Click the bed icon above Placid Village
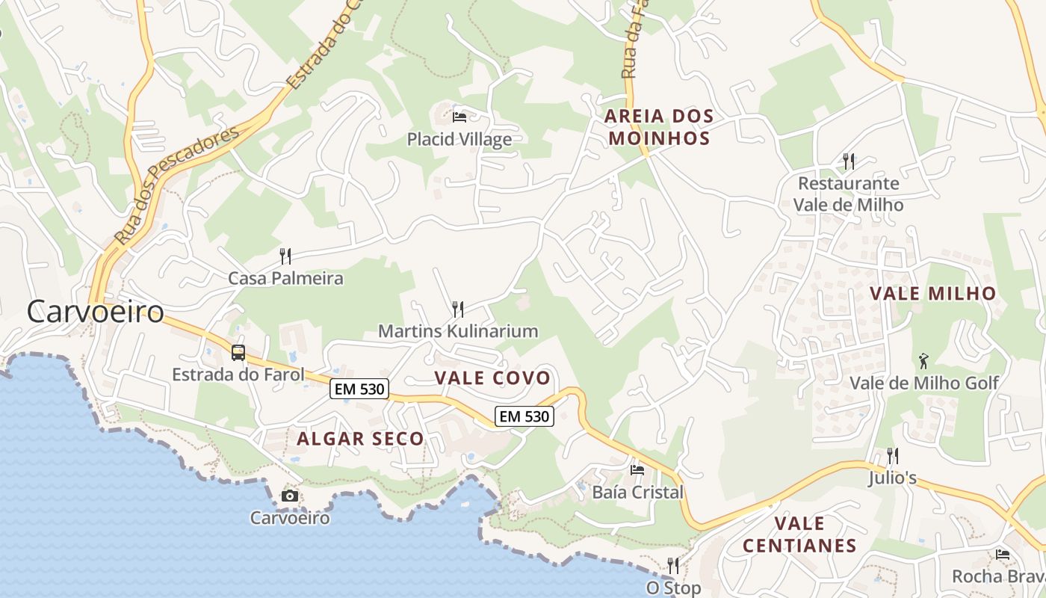click(x=459, y=117)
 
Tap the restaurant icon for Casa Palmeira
click(x=285, y=256)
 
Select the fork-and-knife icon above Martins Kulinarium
click(x=458, y=309)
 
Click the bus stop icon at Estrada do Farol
click(x=238, y=353)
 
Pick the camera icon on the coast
click(x=289, y=496)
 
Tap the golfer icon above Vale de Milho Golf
click(x=924, y=361)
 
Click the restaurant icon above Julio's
click(x=892, y=455)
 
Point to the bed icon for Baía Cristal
click(x=637, y=470)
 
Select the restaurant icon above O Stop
click(x=673, y=565)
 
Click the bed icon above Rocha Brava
click(x=1003, y=555)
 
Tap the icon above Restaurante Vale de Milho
click(x=848, y=161)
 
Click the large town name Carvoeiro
click(x=96, y=312)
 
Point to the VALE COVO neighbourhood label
click(x=492, y=378)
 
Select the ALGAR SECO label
click(x=360, y=439)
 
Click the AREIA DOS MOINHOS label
click(x=659, y=127)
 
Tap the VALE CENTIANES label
click(x=799, y=534)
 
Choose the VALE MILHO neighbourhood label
click(x=933, y=294)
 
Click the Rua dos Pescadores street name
click(x=177, y=185)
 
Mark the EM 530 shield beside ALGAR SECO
click(x=359, y=389)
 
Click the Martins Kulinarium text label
click(x=458, y=331)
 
